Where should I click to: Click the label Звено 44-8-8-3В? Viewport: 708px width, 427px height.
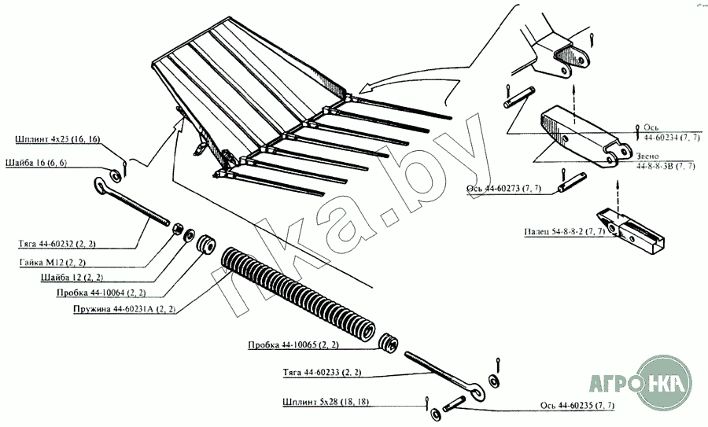tap(665, 162)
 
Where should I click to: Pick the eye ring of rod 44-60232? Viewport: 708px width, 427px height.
tap(101, 186)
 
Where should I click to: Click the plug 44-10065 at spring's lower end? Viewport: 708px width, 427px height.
tap(389, 344)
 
